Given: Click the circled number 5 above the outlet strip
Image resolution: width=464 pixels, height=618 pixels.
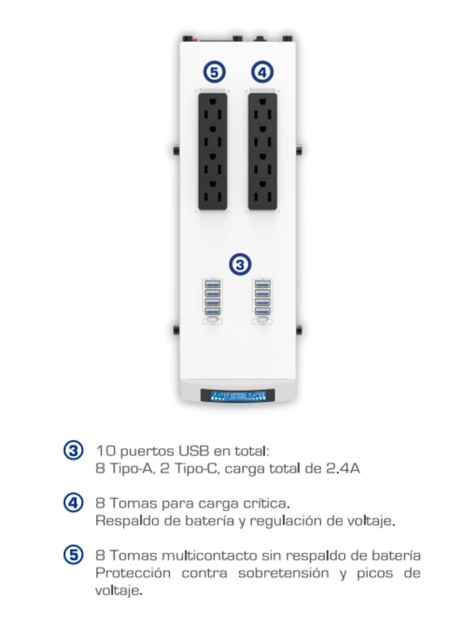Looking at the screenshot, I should click(213, 72).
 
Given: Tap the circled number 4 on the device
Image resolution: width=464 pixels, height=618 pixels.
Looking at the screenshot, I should click(262, 72).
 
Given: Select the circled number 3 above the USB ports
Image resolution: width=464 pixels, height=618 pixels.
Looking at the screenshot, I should click(240, 264).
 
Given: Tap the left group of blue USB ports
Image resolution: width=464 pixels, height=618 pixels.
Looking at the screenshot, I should click(212, 298).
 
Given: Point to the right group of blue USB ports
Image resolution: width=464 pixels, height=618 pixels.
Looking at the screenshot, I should click(262, 298).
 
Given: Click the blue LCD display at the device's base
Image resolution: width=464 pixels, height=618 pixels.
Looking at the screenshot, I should click(237, 396).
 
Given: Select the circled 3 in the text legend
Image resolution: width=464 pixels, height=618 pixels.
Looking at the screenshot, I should click(73, 451).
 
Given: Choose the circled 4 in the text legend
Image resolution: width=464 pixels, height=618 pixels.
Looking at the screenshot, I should click(73, 503).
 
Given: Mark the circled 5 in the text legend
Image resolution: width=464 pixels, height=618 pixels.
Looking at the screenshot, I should click(73, 555).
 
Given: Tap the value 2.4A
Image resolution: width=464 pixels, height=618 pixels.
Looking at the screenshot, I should click(343, 468).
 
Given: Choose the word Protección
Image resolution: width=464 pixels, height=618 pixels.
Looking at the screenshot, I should click(133, 573).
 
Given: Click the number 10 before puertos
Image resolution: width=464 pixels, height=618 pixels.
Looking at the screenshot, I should click(104, 451).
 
